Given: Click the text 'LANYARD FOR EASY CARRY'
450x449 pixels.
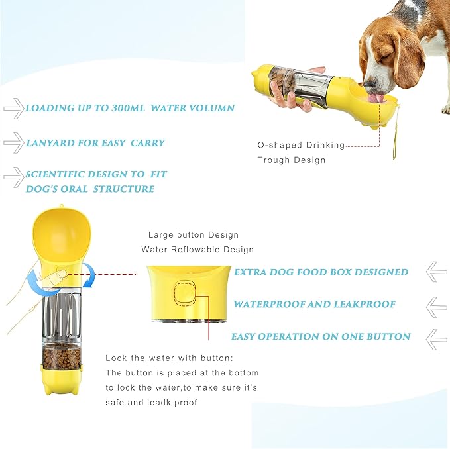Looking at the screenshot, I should tap(95, 143).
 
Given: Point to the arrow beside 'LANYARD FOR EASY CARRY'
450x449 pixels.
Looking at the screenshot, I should tap(13, 142).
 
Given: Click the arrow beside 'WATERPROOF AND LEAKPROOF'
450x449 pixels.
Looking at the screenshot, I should tap(436, 305).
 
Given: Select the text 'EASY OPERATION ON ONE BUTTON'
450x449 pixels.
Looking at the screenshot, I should tap(321, 336).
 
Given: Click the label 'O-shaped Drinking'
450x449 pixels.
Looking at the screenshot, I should tap(301, 145).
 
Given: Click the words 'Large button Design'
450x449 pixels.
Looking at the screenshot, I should tap(194, 235).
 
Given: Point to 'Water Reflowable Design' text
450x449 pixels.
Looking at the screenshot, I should tap(197, 250).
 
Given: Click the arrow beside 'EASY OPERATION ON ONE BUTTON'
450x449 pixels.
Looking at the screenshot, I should tap(436, 338).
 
